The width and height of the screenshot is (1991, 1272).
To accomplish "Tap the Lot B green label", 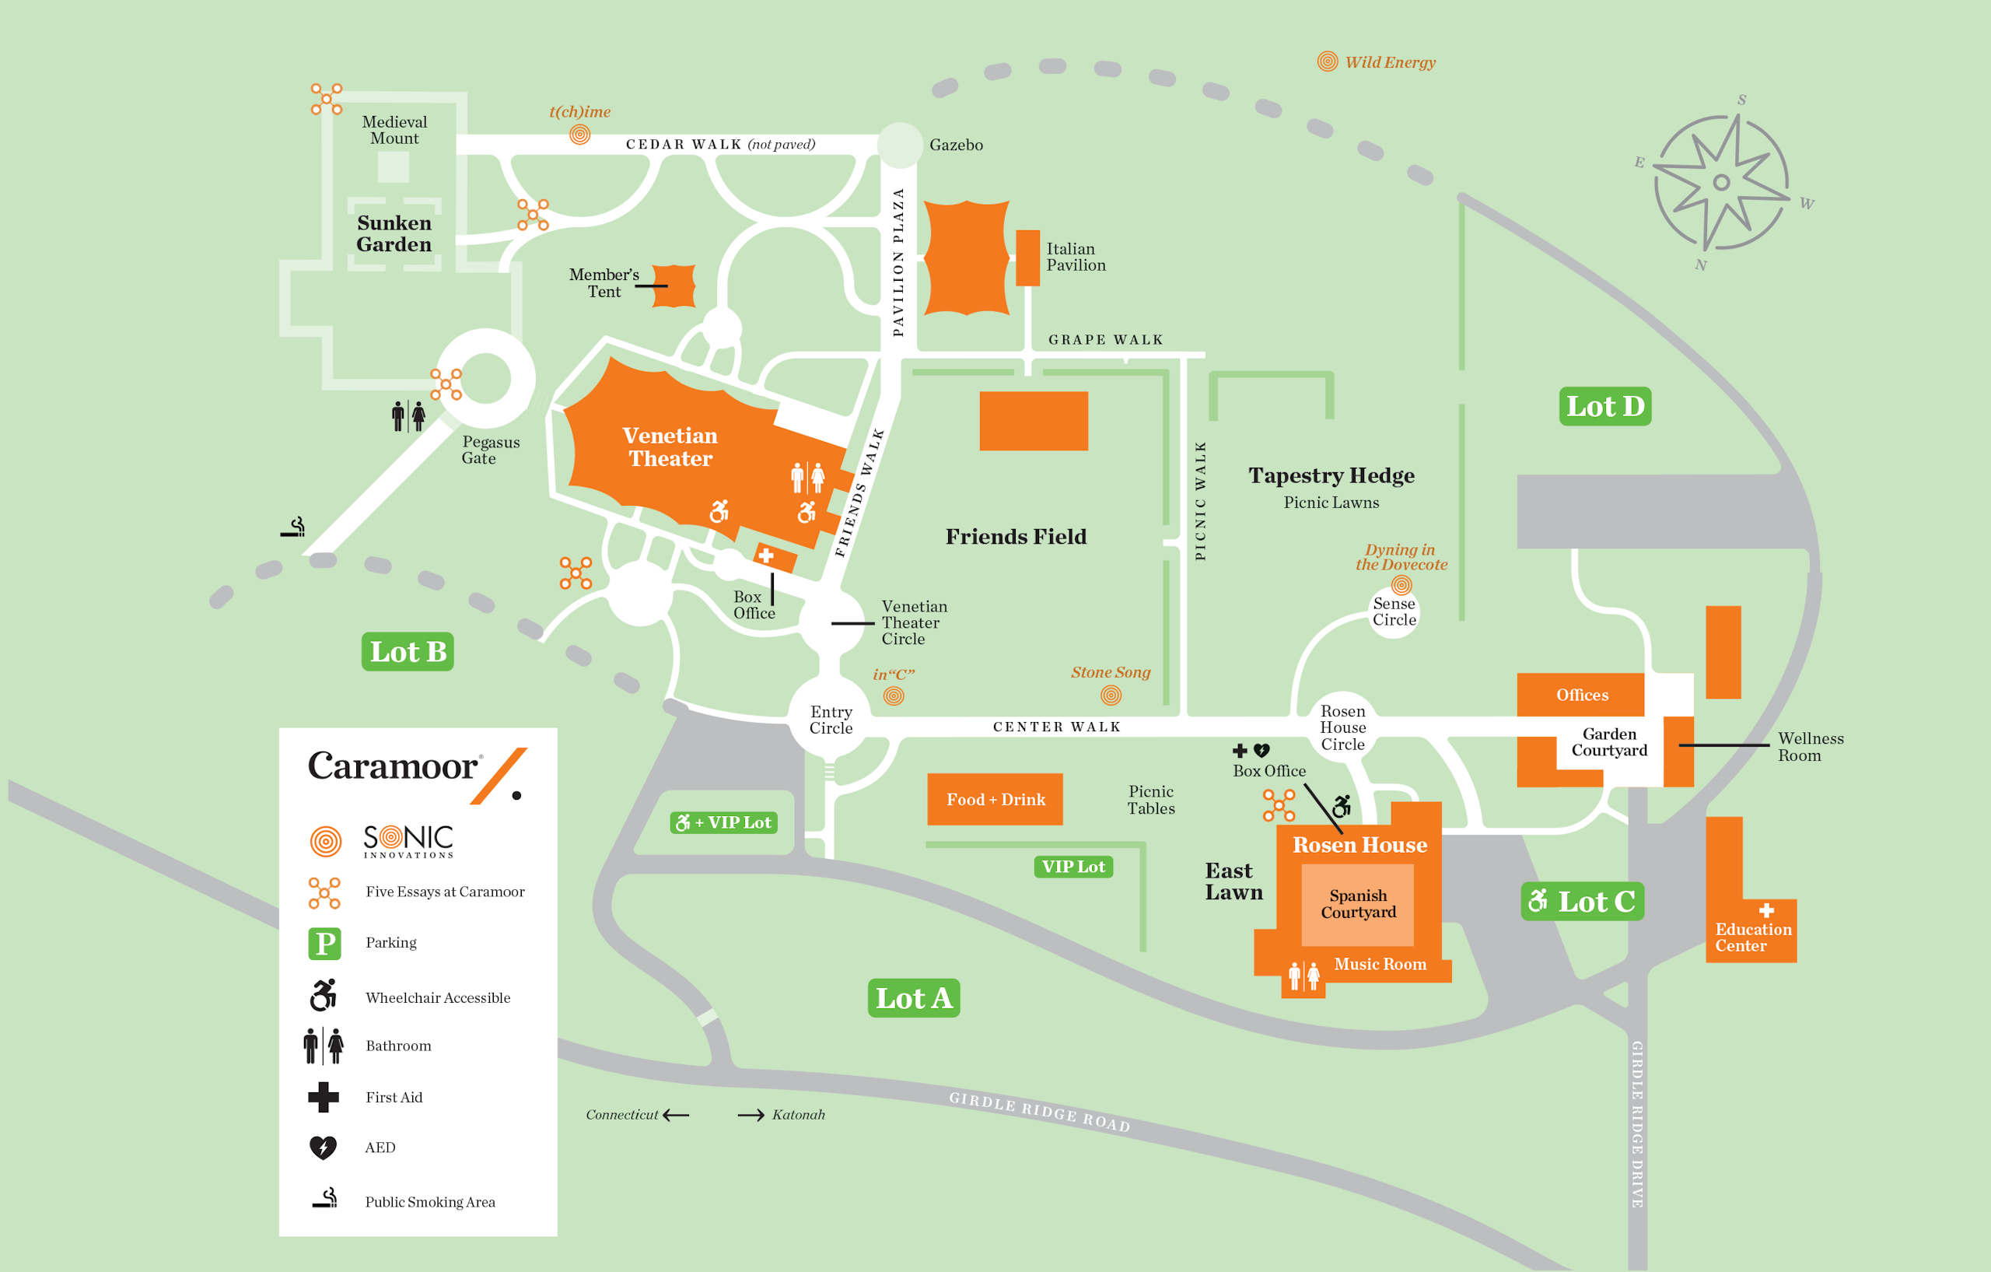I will pos(408,652).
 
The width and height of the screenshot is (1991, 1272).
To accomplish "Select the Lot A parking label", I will pos(913,998).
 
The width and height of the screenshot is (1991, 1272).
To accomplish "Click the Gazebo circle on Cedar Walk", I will pos(900,145).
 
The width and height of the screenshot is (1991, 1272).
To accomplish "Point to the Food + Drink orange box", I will pos(995,799).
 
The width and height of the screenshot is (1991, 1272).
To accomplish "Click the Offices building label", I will pos(1581,695).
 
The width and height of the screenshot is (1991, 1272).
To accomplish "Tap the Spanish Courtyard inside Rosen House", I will pos(1358,904).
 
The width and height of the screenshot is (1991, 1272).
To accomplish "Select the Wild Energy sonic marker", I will pos(1327,61).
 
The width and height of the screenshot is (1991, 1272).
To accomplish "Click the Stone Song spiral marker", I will pos(1111,696).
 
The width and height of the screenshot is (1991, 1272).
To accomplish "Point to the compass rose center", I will pos(1721,182).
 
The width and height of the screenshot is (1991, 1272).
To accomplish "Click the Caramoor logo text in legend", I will pos(393,766).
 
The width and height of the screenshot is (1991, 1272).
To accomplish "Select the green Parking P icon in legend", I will pos(324,943).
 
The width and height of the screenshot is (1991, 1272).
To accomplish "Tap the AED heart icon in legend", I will pos(323,1147).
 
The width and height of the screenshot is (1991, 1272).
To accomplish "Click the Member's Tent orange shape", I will pos(674,286).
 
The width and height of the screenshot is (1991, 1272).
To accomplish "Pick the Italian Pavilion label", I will pos(1075,258).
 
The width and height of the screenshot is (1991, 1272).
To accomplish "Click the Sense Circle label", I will pos(1394,612).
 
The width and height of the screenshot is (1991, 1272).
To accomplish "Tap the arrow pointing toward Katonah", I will pos(751,1115).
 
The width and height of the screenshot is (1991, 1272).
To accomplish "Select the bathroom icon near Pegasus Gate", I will pos(408,416).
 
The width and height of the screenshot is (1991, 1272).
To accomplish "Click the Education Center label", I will pos(1752,937).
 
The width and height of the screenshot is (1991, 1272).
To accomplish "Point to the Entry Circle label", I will pos(830,720).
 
